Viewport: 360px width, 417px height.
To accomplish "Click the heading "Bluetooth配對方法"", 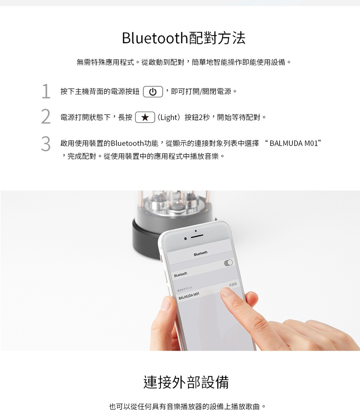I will coord(184,38).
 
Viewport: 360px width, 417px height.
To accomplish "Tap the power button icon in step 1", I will coord(153,92).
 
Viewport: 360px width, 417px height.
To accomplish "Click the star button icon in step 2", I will coord(145,118).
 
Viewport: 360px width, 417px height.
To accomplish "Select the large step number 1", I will coord(46,91).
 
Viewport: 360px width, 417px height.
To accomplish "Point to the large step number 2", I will coord(46,117).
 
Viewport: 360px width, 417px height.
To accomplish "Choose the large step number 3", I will coord(46,144).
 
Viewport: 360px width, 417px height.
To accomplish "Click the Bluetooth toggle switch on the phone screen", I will coord(228,263).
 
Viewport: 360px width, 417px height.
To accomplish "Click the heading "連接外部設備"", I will coord(186,383).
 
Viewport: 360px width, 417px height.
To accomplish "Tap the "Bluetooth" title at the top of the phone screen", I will coord(200,253).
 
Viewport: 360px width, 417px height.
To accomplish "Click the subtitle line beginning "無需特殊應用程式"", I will coord(184,62).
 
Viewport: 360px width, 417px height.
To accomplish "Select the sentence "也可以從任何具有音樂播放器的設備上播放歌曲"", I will coord(188,407).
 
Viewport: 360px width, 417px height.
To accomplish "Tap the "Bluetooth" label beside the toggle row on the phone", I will coord(180,274).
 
